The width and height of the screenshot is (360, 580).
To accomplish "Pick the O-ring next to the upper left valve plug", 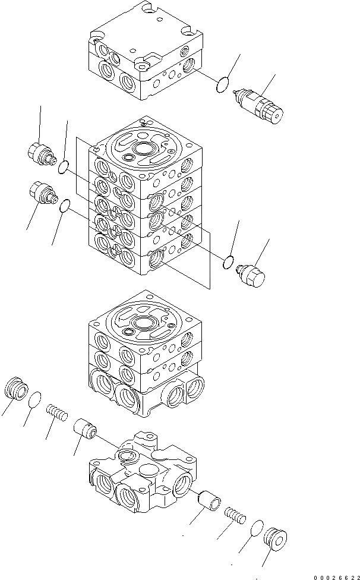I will [63, 168].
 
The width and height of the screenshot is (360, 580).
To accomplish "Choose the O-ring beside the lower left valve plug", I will [65, 206].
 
